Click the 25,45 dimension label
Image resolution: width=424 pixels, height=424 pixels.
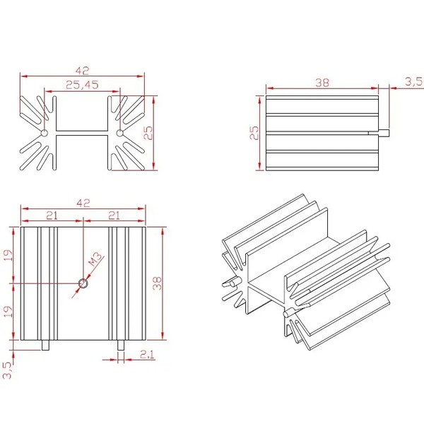[x=81, y=85]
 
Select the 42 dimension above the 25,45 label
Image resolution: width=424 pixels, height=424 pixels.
[x=82, y=71]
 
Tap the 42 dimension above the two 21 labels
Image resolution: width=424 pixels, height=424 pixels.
[x=83, y=204]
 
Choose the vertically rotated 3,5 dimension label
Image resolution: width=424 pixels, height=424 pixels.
[x=7, y=370]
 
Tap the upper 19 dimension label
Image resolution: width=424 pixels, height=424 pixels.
[x=8, y=254]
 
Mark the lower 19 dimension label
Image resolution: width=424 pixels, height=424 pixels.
[x=8, y=312]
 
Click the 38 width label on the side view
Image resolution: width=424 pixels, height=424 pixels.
[x=322, y=83]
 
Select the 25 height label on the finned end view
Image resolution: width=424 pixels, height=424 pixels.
[x=148, y=132]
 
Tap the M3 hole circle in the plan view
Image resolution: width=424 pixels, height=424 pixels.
[x=83, y=283]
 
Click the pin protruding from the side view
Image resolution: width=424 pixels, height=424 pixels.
[x=384, y=132]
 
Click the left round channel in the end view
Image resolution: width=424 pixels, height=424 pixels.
[x=44, y=132]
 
